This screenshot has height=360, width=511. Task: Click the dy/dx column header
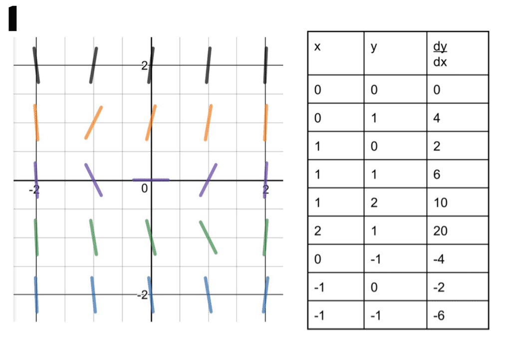440,54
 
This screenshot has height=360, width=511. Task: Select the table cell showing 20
440,231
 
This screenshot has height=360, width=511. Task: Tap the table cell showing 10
440,202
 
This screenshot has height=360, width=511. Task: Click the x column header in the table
317,47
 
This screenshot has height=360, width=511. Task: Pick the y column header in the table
374,47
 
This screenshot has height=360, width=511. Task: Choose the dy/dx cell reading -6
439,316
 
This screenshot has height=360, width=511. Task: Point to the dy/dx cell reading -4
439,259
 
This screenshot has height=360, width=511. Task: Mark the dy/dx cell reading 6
437,175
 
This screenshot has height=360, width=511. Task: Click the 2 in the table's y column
374,202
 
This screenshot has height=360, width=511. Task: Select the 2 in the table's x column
317,231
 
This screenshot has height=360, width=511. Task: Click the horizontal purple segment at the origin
151,180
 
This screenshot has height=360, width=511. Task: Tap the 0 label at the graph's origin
144,188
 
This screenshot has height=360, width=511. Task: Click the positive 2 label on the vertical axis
144,66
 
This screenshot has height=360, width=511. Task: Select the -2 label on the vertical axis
142,295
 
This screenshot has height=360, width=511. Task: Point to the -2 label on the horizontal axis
34,189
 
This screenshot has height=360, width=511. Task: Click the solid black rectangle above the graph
12,19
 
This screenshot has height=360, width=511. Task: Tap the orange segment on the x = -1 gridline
93,123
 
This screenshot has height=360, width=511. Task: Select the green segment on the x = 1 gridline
208,237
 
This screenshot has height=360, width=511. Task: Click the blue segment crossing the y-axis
151,295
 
